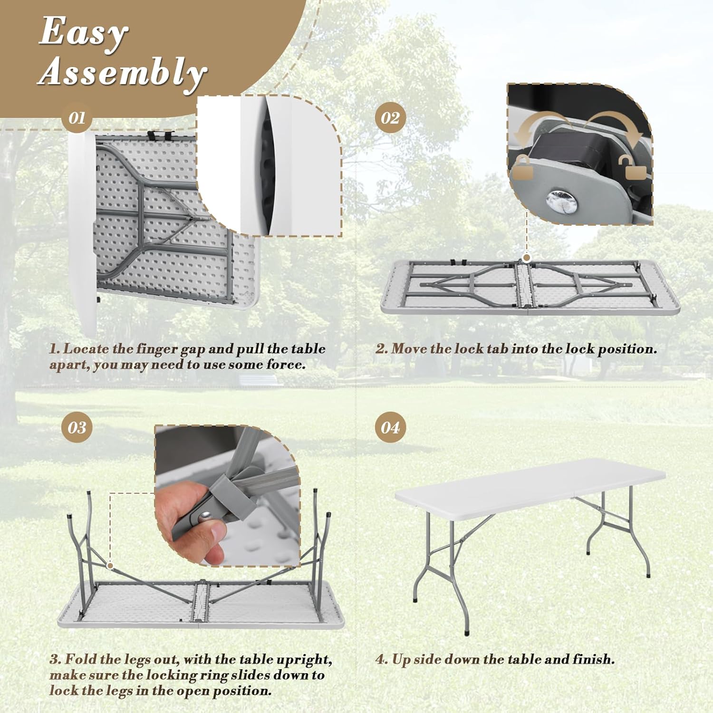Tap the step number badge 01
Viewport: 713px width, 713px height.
77,118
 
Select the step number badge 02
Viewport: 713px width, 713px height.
390,118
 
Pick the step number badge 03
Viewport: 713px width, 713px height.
77,427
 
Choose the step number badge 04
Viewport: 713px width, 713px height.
390,427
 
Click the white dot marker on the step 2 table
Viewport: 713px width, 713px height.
527,258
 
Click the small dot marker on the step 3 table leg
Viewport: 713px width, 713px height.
110,566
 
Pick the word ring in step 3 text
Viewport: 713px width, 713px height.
243,675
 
